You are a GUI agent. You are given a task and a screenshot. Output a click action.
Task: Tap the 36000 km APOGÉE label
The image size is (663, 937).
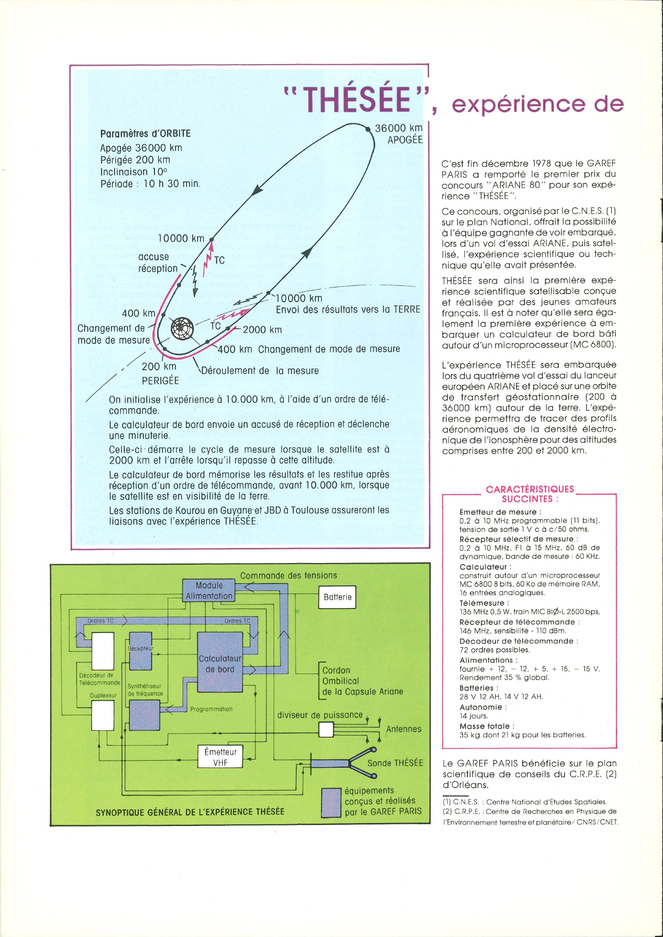pos(399,134)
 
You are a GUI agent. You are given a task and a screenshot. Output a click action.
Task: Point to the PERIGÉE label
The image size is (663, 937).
pos(160,381)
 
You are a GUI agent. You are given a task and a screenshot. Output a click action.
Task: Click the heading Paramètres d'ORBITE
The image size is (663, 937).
pos(145,134)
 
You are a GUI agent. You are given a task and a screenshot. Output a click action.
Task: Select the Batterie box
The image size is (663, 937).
pos(338,597)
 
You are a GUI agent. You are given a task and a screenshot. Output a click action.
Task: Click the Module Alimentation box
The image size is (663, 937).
pos(209,591)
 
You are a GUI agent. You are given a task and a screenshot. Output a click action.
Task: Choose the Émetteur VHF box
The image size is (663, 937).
pos(220,757)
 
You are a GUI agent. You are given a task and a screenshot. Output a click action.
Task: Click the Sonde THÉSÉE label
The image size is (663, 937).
pos(395,763)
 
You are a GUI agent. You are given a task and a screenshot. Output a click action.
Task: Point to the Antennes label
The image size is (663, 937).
pos(404,729)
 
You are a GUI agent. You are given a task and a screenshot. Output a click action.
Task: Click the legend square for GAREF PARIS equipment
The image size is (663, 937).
pos(331,802)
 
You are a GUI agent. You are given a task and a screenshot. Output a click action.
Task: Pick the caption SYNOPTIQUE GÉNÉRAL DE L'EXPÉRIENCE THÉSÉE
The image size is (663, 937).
pos(190,812)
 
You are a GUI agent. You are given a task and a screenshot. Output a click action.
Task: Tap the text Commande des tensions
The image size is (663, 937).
pos(288,575)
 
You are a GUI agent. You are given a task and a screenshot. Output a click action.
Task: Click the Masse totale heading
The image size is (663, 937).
pos(487,727)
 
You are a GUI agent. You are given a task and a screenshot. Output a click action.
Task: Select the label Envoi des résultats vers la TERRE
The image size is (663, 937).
pos(348,310)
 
